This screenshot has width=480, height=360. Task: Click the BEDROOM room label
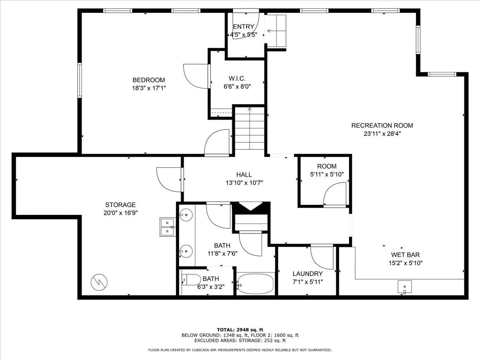[x=149, y=80]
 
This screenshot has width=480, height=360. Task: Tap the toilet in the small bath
[x=191, y=280]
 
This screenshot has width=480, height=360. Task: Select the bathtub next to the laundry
[x=256, y=284]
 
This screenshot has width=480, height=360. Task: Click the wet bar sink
[x=404, y=287]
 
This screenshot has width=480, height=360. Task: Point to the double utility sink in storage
[x=168, y=227]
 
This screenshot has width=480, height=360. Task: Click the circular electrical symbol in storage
[x=99, y=282]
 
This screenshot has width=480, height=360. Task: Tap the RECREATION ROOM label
[x=382, y=126]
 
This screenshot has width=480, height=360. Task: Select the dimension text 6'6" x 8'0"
[x=237, y=87]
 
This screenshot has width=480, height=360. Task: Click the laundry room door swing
[x=322, y=257]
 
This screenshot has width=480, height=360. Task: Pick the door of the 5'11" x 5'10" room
[x=335, y=194]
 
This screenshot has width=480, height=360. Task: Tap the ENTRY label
[x=244, y=27]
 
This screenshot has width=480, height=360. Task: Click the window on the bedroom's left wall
[x=80, y=80]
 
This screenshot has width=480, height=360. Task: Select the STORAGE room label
[x=120, y=205]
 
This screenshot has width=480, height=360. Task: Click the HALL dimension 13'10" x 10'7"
[x=244, y=183]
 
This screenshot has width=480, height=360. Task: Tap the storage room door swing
[x=169, y=180]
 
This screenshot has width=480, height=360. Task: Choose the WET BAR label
[x=406, y=255]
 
